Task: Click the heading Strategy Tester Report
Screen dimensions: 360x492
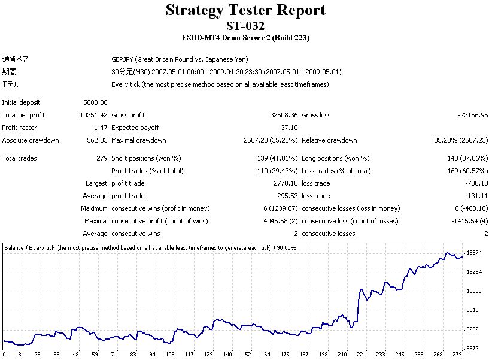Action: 245,10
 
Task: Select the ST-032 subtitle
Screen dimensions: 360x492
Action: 245,25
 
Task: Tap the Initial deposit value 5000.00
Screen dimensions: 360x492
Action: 96,102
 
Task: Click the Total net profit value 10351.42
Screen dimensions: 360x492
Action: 94,115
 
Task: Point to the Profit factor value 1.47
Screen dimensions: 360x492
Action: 101,128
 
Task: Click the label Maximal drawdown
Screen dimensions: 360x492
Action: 139,140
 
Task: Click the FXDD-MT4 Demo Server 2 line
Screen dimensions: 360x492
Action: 245,38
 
